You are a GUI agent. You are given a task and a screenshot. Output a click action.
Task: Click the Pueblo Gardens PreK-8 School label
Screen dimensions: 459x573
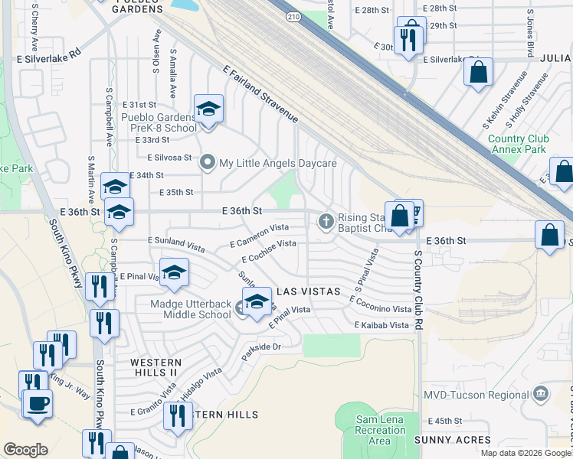point(159,122)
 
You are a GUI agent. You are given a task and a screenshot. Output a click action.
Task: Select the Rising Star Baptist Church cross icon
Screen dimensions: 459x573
point(326,222)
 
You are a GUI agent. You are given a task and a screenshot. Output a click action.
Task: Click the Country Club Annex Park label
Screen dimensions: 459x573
point(518,144)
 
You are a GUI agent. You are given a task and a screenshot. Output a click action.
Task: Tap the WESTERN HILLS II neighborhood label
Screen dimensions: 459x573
point(156,366)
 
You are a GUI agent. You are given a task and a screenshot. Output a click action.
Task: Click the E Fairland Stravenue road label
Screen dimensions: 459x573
point(260,94)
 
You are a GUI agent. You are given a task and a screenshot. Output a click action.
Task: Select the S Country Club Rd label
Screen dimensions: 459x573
point(418,286)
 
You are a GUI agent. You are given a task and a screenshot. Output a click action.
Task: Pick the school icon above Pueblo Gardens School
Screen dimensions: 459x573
point(208,109)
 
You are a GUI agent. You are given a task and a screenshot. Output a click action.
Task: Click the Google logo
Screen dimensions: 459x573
point(25,450)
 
